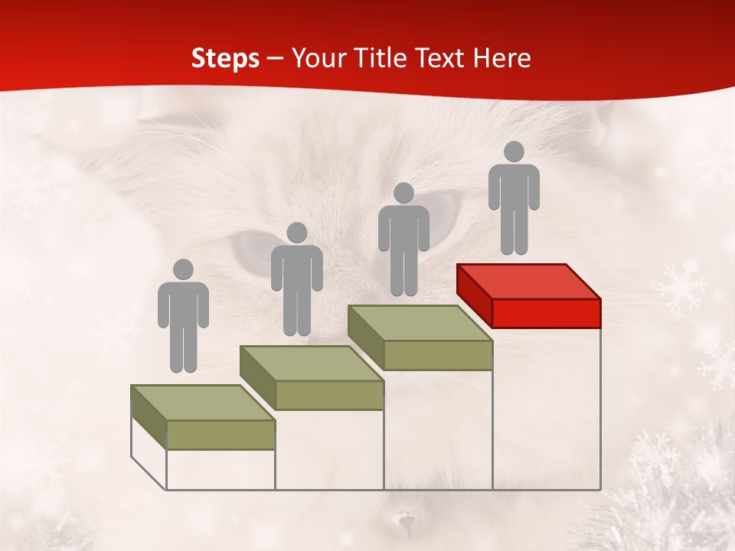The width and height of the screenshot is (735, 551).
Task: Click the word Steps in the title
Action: (225, 58)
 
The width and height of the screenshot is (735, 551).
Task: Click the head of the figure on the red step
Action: (514, 152)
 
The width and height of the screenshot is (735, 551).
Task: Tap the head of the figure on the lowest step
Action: (183, 269)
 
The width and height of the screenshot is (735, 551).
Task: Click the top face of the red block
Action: (528, 282)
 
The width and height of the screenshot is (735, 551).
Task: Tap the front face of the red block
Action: (546, 313)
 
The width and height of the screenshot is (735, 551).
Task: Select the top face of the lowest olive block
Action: (203, 403)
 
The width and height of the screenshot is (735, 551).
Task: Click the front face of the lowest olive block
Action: (220, 435)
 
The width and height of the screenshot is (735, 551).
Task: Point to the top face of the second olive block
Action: (312, 363)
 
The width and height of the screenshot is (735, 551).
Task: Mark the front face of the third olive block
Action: (437, 355)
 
